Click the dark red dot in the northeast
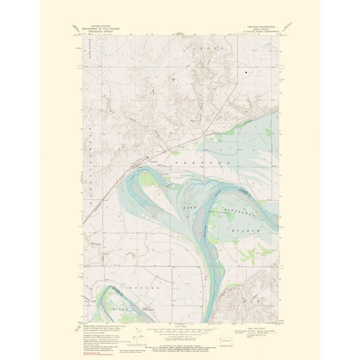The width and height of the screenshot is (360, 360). point(246,73)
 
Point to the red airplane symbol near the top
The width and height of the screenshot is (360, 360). point(172,79)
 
